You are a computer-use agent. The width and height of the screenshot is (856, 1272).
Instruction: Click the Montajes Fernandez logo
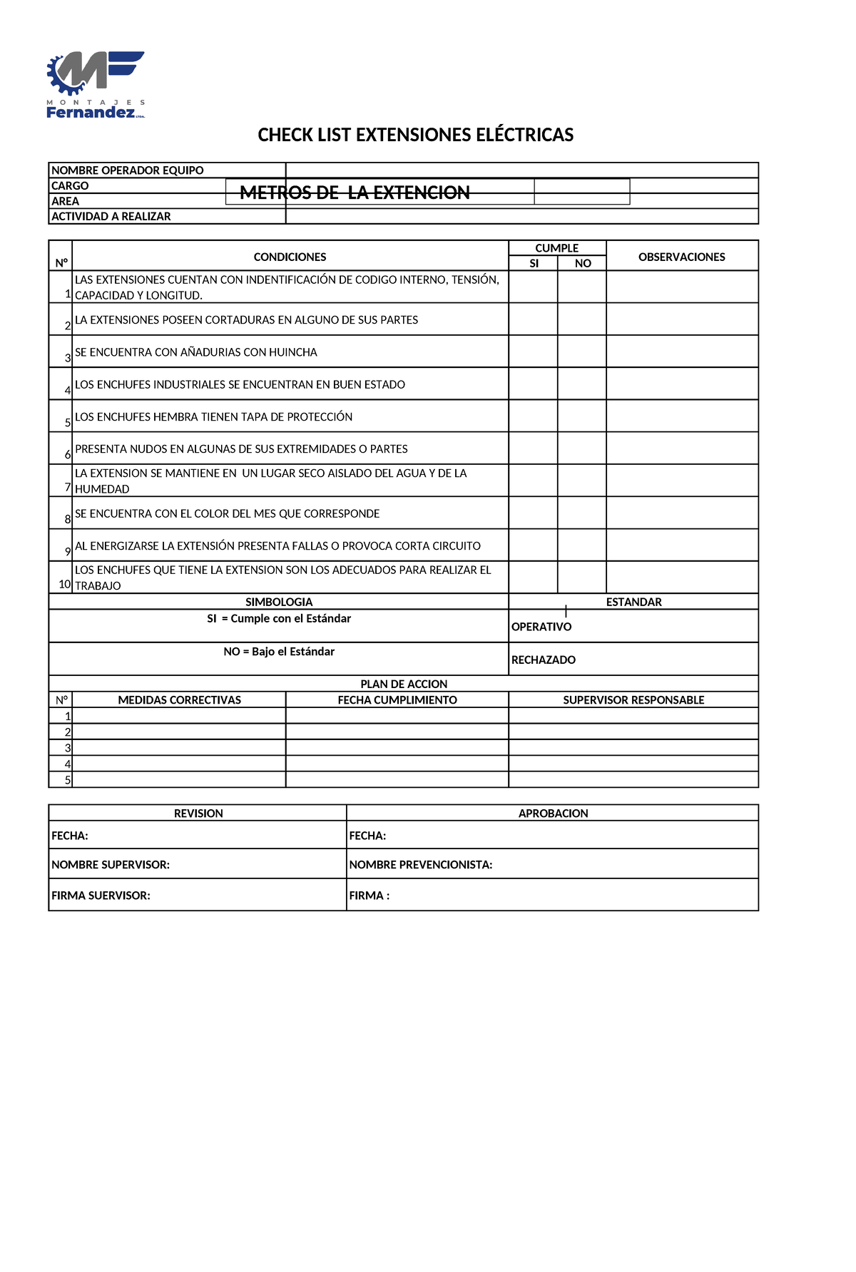tap(96, 85)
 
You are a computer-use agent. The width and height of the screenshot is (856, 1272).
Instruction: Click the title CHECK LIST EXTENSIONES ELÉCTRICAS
tap(415, 135)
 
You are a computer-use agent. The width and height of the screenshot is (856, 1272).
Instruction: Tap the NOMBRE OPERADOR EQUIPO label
tap(128, 170)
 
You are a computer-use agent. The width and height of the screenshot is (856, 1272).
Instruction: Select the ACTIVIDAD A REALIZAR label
tap(111, 216)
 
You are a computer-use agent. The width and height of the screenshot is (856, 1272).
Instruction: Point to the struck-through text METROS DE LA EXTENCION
tap(355, 193)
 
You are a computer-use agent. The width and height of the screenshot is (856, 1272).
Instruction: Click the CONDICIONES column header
tap(290, 257)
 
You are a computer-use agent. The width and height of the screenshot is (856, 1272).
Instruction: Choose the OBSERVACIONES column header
tap(681, 257)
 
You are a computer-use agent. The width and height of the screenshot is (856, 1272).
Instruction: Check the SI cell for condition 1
tap(533, 287)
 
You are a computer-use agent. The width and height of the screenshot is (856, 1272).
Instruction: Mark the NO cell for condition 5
tap(581, 416)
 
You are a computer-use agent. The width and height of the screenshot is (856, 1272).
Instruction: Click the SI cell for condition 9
tap(533, 545)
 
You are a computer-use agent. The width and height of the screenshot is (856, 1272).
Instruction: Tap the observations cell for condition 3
tap(681, 352)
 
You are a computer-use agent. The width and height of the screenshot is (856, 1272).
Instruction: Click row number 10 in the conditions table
tap(64, 584)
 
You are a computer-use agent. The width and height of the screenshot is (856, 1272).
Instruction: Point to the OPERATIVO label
tap(541, 627)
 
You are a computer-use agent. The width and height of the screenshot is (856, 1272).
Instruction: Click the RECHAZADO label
tap(544, 660)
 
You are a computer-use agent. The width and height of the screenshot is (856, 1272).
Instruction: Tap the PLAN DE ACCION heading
tap(404, 684)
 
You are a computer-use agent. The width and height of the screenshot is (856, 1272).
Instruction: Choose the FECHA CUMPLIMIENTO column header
tap(397, 700)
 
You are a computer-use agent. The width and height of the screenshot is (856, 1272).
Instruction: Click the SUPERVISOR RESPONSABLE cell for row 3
tap(633, 747)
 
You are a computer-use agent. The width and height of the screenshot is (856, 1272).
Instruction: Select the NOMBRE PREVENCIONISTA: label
tap(421, 865)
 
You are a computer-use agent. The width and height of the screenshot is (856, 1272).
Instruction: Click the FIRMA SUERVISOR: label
tap(101, 896)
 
